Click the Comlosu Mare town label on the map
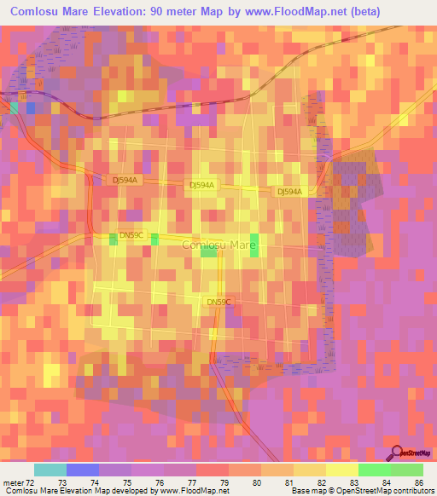pyautogui.click(x=219, y=245)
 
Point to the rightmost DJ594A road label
pyautogui.click(x=289, y=192)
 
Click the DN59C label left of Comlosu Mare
pyautogui.click(x=132, y=235)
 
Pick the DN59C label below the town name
pyautogui.click(x=219, y=302)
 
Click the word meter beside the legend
pyautogui.click(x=12, y=482)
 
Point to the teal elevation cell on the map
pyautogui.click(x=14, y=107)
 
